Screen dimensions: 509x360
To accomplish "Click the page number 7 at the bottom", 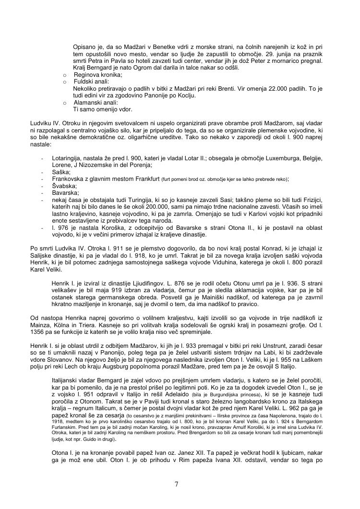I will click(x=176, y=484).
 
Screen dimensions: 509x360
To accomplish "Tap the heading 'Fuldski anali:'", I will click(x=91, y=82).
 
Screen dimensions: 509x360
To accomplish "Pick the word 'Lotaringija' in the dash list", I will click(x=68, y=159).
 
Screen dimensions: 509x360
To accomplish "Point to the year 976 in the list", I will click(x=61, y=228).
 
